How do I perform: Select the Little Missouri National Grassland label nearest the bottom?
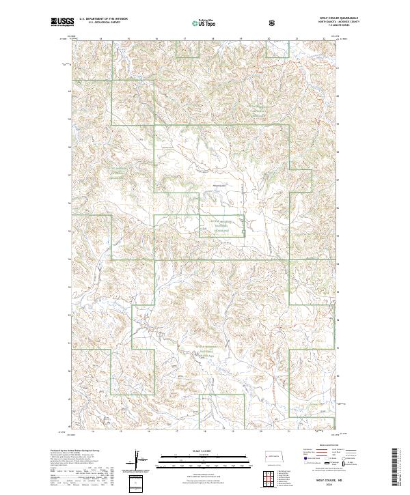pos(197,353)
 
